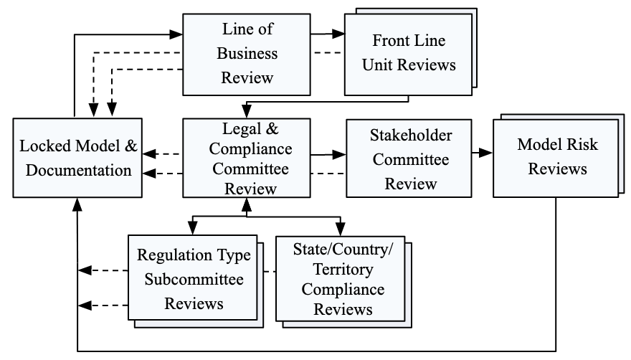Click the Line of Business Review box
click(247, 53)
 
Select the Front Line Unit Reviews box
click(409, 54)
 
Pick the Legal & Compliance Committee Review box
click(247, 158)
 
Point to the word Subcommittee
click(194, 279)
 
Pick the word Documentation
click(75, 171)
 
